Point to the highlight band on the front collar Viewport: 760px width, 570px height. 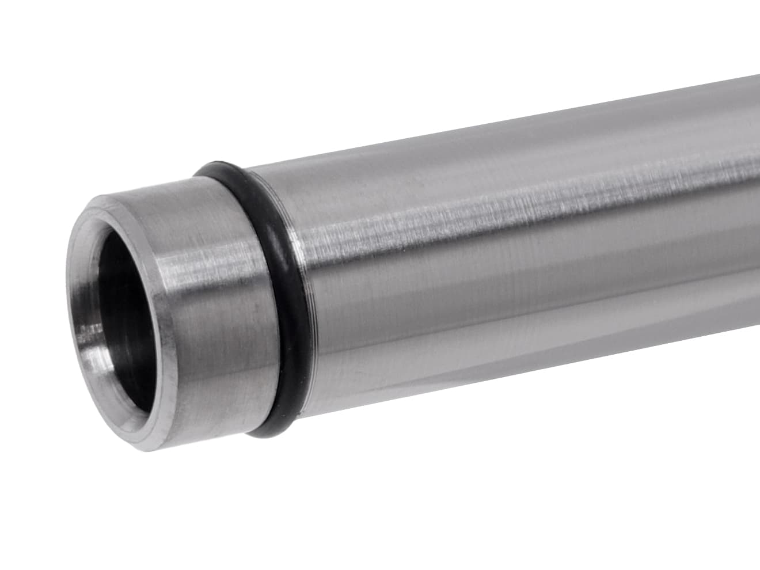pos(213,265)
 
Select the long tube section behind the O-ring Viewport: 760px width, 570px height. pos(489,259)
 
